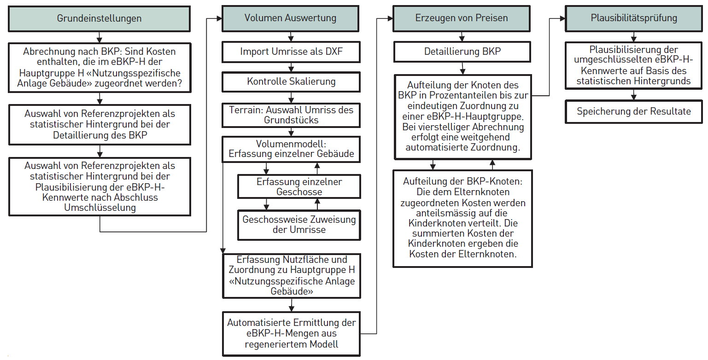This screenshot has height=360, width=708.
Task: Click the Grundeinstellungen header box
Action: (99, 18)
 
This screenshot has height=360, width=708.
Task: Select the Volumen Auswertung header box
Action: (291, 18)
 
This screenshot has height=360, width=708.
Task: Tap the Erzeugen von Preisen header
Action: (462, 18)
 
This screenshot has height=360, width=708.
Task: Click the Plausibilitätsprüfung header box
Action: (634, 18)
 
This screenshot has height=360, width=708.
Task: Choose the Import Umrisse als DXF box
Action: (291, 52)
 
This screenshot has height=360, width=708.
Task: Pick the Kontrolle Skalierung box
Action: (291, 82)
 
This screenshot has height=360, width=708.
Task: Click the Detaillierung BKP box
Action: (462, 52)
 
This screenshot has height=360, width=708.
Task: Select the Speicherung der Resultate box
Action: (634, 111)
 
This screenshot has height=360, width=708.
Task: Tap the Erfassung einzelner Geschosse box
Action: (299, 186)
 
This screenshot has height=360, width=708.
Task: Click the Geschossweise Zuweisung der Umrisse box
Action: (299, 225)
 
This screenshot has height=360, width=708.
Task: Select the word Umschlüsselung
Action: (100, 208)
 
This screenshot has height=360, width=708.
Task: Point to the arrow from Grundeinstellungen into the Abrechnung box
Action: (99, 37)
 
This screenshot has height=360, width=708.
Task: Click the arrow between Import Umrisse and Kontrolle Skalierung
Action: (291, 67)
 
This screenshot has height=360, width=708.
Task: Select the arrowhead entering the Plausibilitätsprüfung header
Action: (562, 18)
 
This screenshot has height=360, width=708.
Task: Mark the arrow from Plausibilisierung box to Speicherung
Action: (634, 95)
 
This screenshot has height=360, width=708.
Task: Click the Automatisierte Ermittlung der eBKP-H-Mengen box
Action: (291, 334)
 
